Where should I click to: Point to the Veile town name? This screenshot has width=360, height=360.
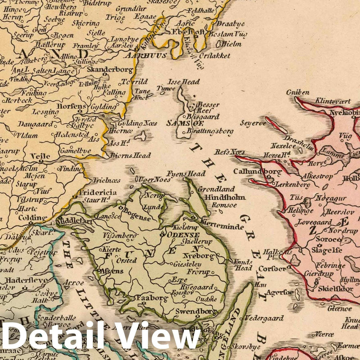(40, 157)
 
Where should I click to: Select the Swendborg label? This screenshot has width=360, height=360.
(196, 311)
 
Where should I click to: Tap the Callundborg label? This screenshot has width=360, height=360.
(257, 171)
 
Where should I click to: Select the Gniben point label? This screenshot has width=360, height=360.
(298, 93)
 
